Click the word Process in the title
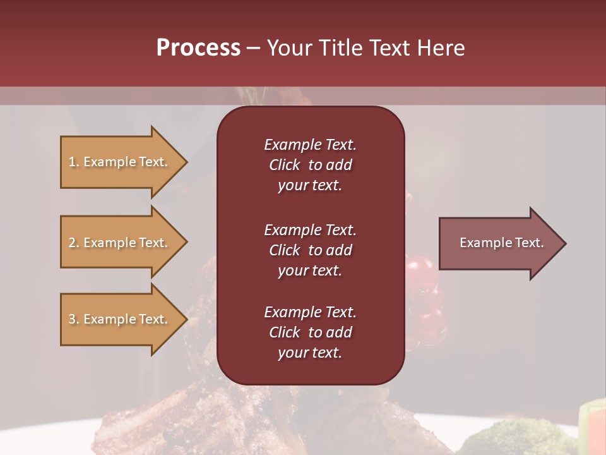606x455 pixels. click(x=198, y=48)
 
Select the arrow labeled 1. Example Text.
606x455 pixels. click(x=120, y=162)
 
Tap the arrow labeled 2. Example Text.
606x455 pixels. click(x=120, y=243)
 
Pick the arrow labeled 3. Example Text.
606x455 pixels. click(x=120, y=319)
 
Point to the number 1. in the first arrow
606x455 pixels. click(x=74, y=162)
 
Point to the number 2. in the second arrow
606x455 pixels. click(x=74, y=243)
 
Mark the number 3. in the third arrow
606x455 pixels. click(x=74, y=319)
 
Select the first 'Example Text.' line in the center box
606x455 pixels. click(x=310, y=145)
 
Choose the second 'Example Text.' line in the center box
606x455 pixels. click(x=310, y=230)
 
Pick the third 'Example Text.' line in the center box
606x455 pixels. click(x=310, y=312)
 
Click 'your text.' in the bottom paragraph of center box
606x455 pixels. click(x=310, y=353)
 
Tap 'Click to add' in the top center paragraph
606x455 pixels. click(x=310, y=165)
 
